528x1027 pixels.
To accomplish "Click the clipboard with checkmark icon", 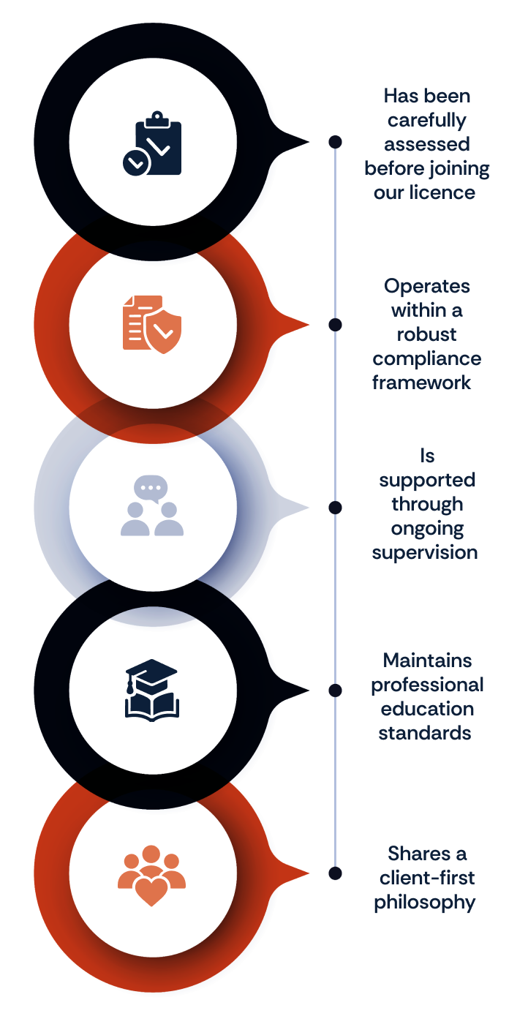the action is pos(152,143).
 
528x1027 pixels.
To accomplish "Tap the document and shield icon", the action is pos(152,324).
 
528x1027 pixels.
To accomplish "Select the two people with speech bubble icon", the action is pos(152,505).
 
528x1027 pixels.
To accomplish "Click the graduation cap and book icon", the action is pos(152,690).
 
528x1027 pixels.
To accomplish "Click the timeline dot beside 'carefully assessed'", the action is pos(336,142).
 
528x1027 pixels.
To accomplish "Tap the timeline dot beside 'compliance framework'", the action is pos(336,325).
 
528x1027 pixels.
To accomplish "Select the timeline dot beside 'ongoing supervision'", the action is pos(336,508).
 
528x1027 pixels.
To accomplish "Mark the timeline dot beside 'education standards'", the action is pos(336,690).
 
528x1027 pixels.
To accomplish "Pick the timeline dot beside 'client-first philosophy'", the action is pos(336,873).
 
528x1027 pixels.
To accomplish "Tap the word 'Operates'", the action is pos(426,287).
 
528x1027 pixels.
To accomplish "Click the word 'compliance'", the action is pos(426,359).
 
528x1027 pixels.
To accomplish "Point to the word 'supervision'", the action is pos(425,553).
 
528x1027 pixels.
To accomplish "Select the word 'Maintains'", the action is pos(427,661).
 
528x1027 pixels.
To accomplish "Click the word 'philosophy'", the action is pos(425,903).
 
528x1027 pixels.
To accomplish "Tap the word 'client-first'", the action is pos(427,878).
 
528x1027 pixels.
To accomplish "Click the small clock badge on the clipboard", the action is pos(136,162).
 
